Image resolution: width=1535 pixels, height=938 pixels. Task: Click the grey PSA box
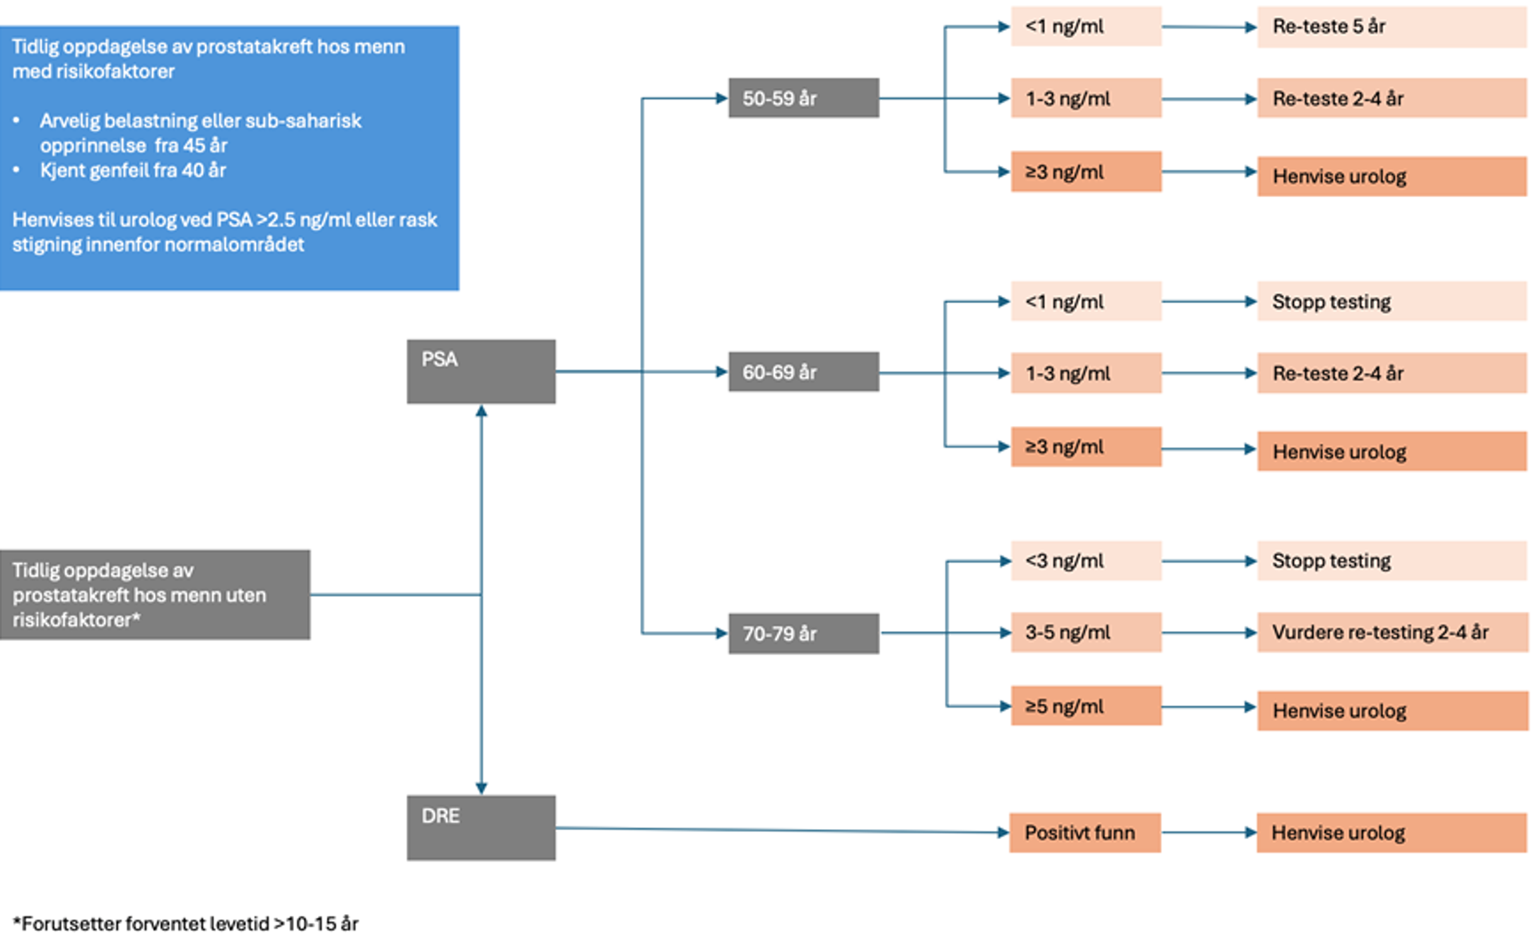(x=481, y=371)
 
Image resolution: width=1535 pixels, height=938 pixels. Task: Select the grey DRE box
(x=481, y=827)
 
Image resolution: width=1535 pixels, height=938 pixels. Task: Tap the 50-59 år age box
(x=803, y=98)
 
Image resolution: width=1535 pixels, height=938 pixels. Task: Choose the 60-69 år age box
(x=803, y=371)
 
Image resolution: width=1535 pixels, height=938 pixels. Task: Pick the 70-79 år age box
(x=803, y=633)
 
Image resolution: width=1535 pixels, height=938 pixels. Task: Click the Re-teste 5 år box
(x=1391, y=26)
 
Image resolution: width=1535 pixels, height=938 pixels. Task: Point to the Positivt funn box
(x=1085, y=832)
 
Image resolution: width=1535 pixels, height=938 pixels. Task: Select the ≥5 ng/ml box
(x=1086, y=705)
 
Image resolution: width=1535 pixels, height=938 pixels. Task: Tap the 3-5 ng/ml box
(x=1086, y=632)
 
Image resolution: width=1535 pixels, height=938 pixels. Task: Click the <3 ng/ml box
(x=1086, y=560)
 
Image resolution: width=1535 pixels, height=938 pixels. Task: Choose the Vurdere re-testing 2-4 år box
(x=1391, y=632)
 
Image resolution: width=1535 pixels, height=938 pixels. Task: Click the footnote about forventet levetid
(x=186, y=924)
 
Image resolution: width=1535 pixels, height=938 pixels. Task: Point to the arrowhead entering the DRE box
(x=481, y=788)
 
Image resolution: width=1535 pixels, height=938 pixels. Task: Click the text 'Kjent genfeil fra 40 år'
(x=132, y=170)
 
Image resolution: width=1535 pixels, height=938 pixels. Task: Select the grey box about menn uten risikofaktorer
(x=155, y=594)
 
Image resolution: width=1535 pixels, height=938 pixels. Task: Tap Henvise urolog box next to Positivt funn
(x=1391, y=832)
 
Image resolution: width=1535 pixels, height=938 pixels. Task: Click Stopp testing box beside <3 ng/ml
(x=1391, y=560)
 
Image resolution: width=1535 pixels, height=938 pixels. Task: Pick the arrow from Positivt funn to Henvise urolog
(x=1208, y=832)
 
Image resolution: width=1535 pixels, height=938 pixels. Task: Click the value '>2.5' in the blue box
(x=276, y=219)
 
